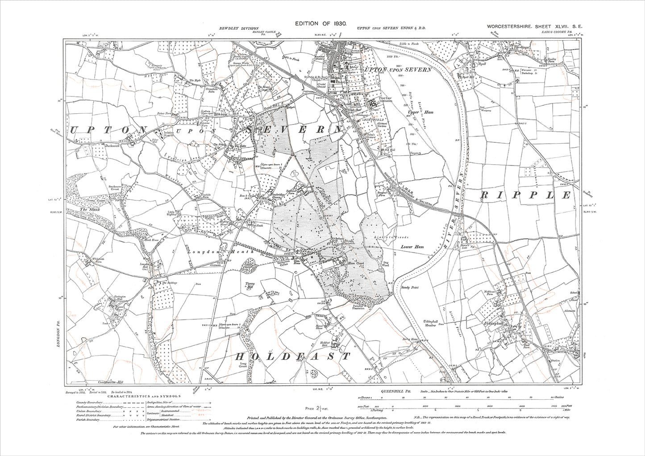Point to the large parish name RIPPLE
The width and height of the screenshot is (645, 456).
pos(526,195)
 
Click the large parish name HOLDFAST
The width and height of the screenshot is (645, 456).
pos(292,357)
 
